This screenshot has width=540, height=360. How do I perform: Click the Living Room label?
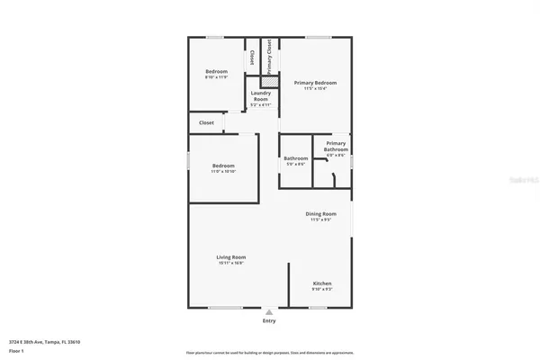click(231, 256)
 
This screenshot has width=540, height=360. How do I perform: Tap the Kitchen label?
click(322, 283)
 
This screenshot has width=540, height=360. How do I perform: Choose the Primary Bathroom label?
click(335, 143)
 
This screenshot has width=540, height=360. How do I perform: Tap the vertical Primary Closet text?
click(269, 56)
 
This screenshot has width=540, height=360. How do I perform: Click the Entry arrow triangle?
click(269, 311)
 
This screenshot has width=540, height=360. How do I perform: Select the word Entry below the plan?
click(269, 320)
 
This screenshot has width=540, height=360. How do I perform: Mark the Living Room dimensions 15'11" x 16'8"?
click(231, 263)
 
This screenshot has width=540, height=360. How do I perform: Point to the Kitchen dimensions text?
click(322, 289)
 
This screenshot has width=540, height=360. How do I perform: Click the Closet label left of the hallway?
click(206, 122)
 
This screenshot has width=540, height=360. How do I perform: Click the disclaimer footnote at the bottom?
click(269, 353)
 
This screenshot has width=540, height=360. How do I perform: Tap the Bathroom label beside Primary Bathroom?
click(295, 157)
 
